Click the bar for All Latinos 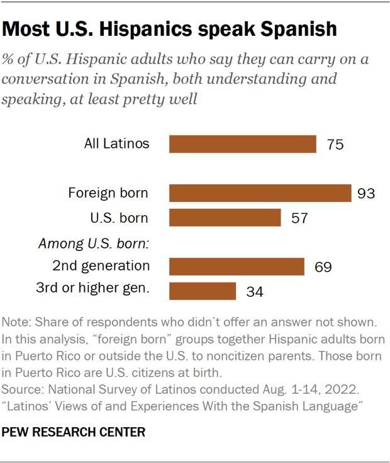coord(242,144)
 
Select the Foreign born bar coord(260,193)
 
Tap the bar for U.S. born coord(225,218)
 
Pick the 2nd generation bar coord(237,266)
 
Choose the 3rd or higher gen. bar coord(203,291)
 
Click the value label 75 coord(335,145)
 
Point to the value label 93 coord(365,194)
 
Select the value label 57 coord(300,219)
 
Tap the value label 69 coord(323,267)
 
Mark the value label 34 coord(255,291)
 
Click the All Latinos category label coord(117,143)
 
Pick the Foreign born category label coord(109,193)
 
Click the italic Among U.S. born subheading coord(97,242)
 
